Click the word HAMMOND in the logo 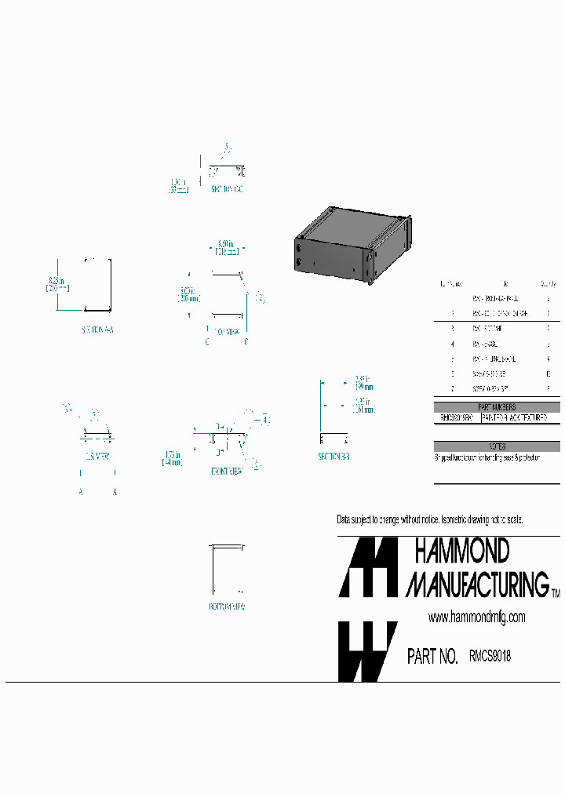(461, 551)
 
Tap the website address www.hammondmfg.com (476, 617)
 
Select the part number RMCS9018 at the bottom (490, 656)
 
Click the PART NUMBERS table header (497, 407)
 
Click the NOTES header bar (497, 446)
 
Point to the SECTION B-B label (334, 456)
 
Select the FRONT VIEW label (226, 471)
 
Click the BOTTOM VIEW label (226, 606)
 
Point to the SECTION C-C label (226, 189)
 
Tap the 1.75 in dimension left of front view (173, 458)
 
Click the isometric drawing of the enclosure (353, 242)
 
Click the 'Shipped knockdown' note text (487, 457)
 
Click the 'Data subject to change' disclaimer (429, 520)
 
